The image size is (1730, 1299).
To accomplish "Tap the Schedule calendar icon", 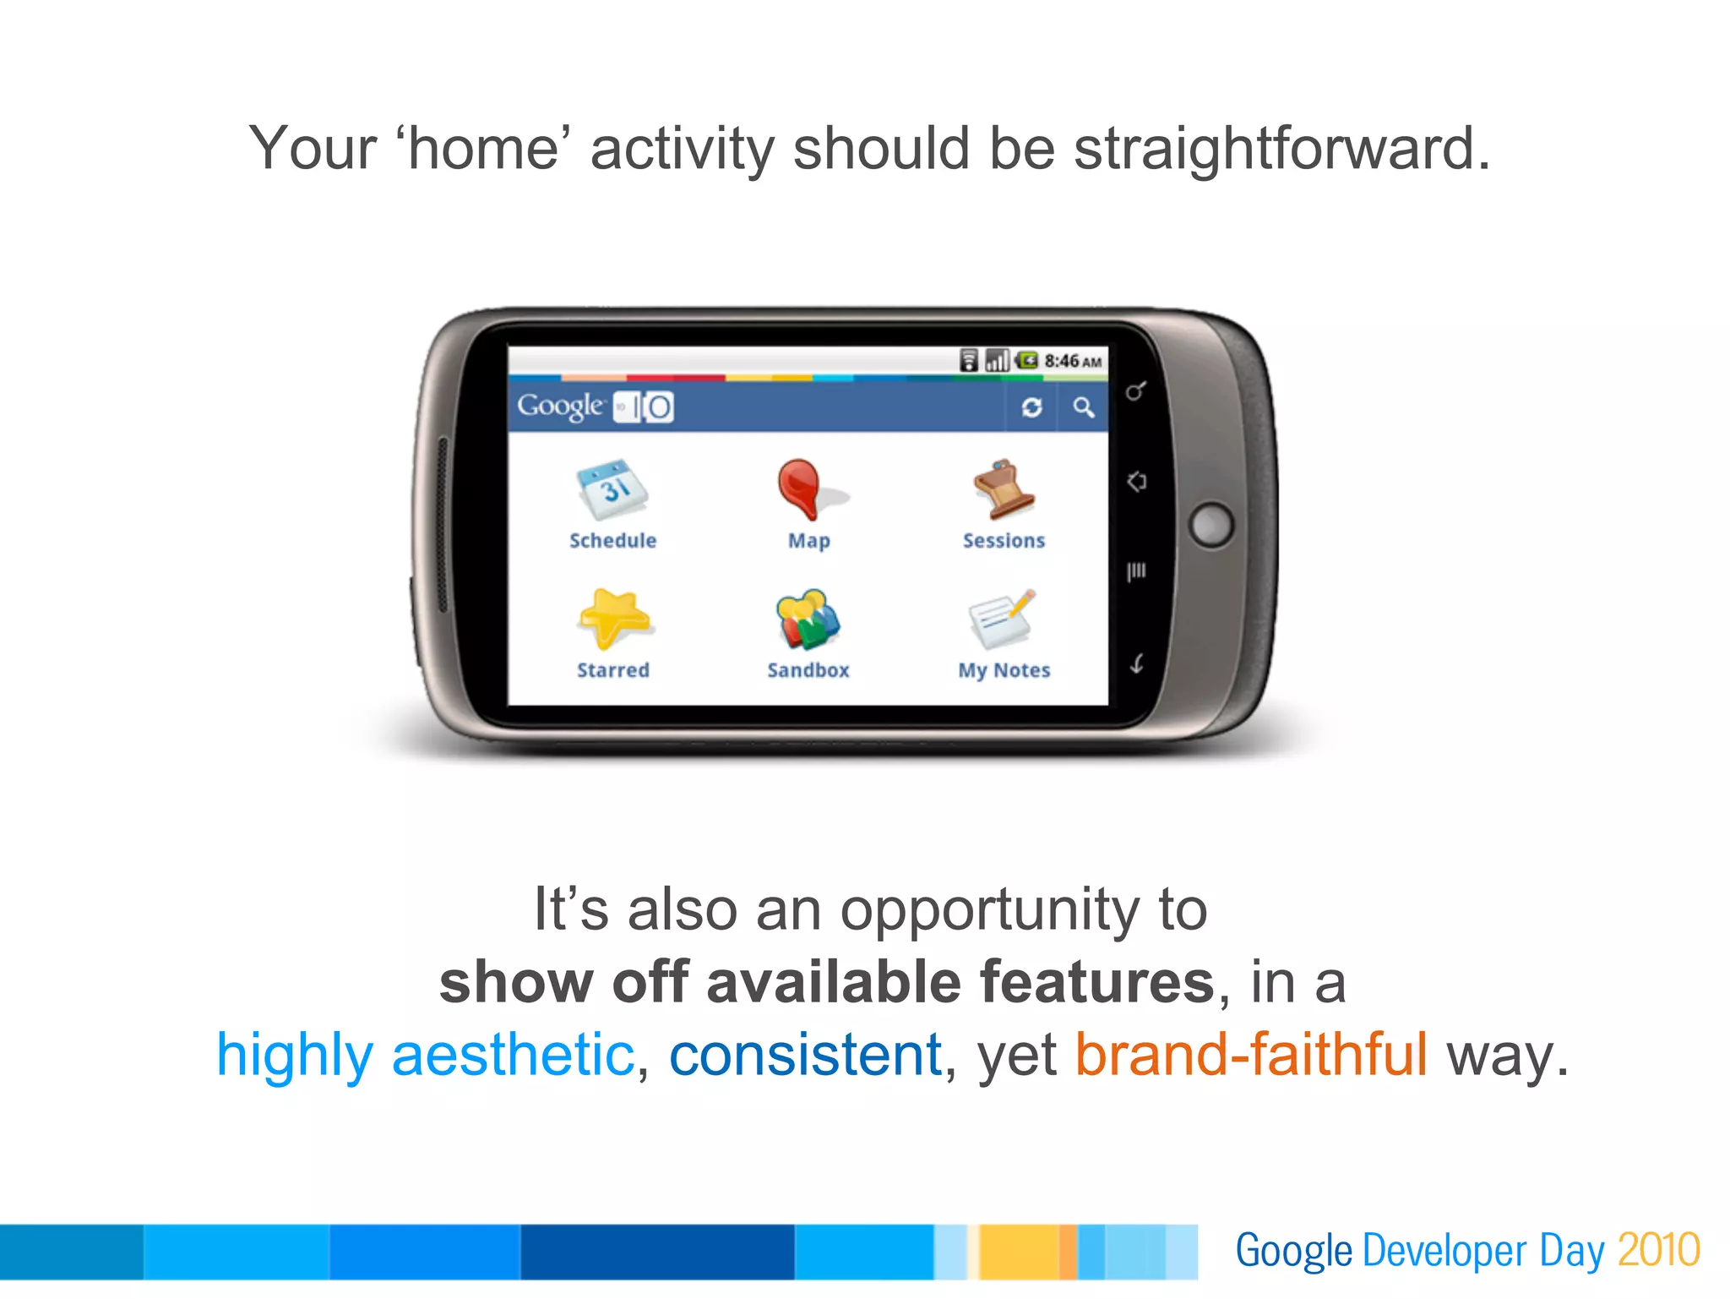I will click(x=612, y=490).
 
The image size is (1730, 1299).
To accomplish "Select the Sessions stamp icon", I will click(x=1004, y=488).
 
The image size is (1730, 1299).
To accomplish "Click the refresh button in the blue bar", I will click(x=1031, y=408).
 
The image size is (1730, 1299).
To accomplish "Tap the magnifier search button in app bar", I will click(x=1084, y=408).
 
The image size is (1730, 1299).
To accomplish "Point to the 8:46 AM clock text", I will click(x=1073, y=362).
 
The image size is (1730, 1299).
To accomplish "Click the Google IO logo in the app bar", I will click(x=596, y=407).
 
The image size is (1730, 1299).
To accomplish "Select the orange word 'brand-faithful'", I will click(x=1250, y=1055).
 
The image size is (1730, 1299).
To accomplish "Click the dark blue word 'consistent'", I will click(x=805, y=1055).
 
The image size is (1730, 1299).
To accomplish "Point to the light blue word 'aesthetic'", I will click(x=513, y=1055).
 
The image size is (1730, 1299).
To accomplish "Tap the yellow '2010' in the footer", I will click(x=1658, y=1250).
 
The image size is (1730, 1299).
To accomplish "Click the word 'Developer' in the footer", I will click(x=1444, y=1250).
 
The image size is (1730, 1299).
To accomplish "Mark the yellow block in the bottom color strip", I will click(x=1018, y=1252).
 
